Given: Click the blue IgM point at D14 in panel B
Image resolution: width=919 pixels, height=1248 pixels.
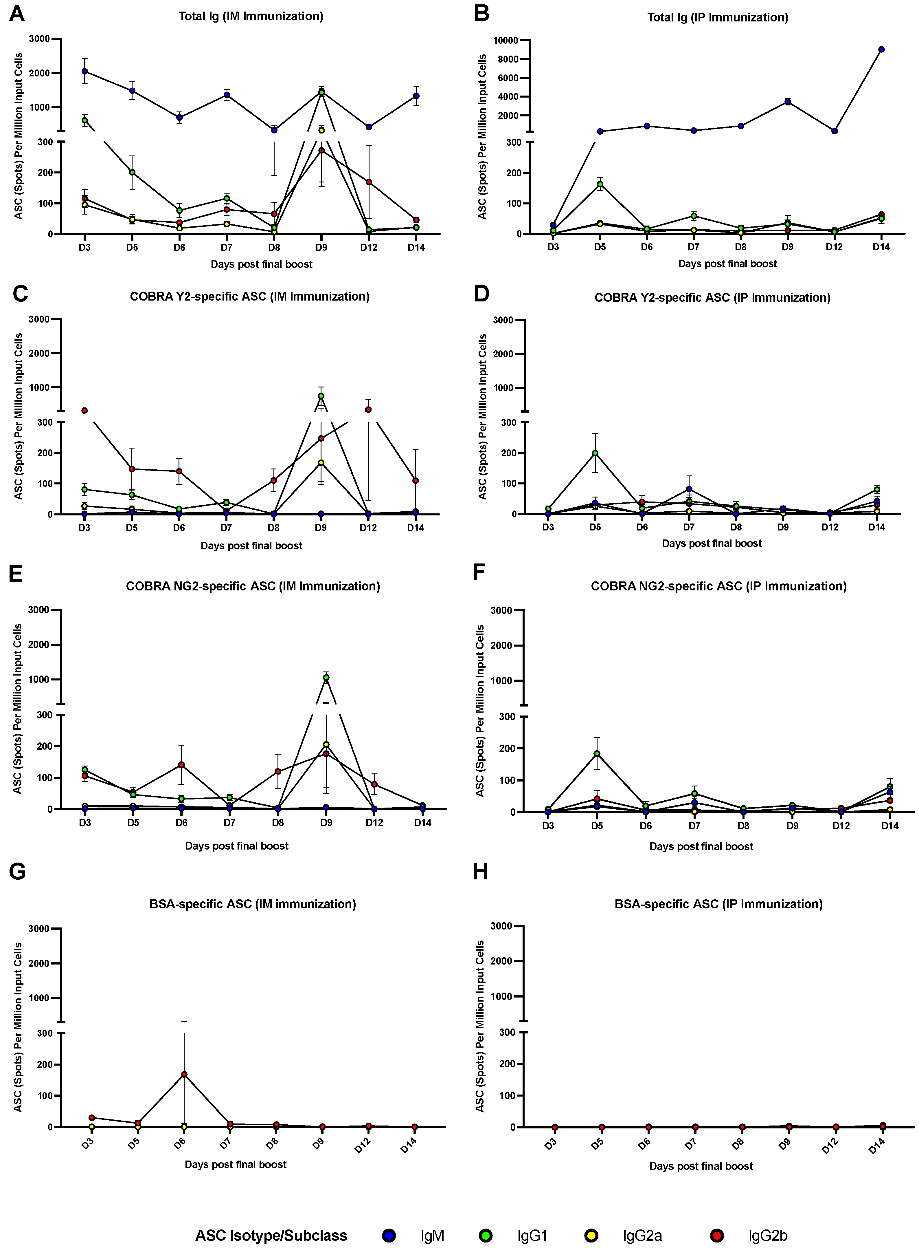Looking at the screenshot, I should point(881,50).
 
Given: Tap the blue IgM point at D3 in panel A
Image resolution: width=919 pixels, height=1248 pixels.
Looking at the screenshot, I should point(84,71).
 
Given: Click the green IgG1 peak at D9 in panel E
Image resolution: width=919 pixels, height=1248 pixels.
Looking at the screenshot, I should point(326,678).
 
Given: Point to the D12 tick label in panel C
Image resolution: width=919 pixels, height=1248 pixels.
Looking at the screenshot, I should point(368,528).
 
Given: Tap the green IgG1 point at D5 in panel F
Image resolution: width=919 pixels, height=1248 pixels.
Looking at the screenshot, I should point(597,754).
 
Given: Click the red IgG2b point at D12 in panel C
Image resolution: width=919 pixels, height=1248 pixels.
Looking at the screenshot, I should point(368,410).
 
